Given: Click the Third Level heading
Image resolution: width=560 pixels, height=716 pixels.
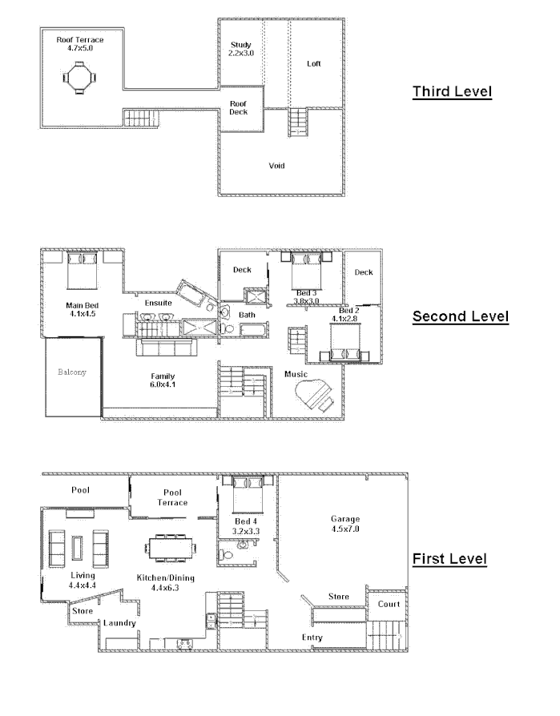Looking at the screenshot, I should (452, 91).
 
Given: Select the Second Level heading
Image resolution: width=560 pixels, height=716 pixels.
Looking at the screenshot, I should (460, 316).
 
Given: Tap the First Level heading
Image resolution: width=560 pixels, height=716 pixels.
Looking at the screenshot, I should (449, 558).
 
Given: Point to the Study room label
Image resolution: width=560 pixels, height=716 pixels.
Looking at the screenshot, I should (240, 49).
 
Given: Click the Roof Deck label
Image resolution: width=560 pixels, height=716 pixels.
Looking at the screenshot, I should (239, 108).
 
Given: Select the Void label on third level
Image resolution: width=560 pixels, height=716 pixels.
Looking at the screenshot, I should (276, 166).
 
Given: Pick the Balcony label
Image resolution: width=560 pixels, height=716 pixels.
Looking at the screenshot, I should (71, 372).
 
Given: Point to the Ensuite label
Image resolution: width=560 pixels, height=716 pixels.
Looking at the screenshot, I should (158, 303).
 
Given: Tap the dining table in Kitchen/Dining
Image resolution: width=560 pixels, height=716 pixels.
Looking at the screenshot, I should (171, 549).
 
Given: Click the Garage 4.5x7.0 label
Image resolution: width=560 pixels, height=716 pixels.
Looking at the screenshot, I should (345, 524).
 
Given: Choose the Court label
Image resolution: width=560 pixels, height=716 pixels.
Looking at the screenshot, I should (389, 605).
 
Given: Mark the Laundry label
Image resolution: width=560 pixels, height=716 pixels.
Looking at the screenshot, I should (119, 623).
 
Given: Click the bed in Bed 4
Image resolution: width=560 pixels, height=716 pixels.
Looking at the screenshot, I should (248, 493).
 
